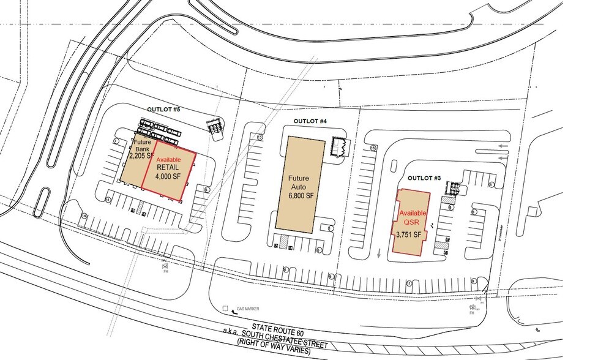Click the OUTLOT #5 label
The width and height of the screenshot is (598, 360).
[x=163, y=110]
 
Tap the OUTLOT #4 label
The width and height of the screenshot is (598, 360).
[x=310, y=121]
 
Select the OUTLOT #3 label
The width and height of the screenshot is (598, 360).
[x=420, y=178]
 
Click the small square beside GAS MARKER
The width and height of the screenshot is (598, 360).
[x=226, y=309]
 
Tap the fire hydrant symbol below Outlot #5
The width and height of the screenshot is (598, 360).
[x=165, y=264]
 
